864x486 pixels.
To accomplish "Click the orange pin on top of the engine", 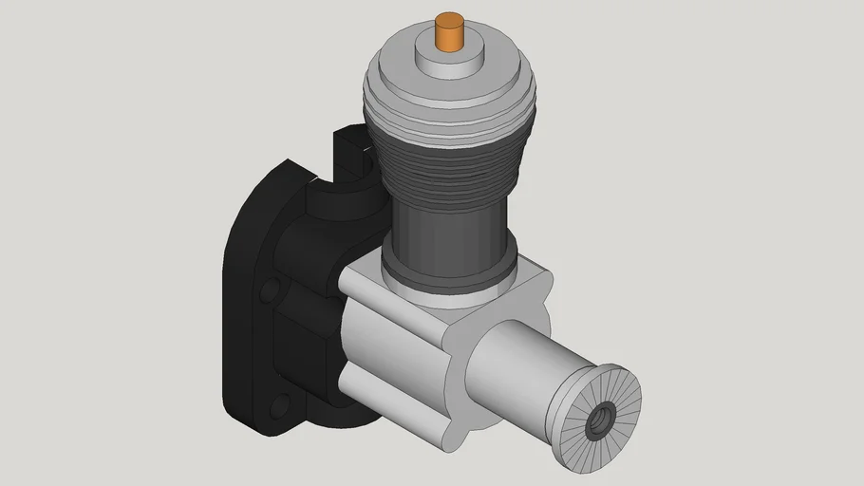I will [x=445, y=34].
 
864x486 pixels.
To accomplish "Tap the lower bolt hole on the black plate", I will [x=278, y=408].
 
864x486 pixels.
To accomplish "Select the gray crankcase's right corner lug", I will [x=532, y=285].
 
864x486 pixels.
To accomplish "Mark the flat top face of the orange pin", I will [x=445, y=19].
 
